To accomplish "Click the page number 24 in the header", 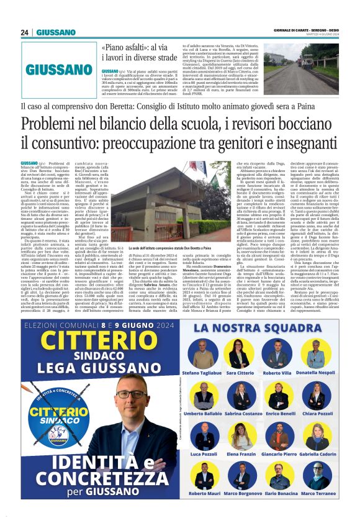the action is [x=25, y=32].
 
